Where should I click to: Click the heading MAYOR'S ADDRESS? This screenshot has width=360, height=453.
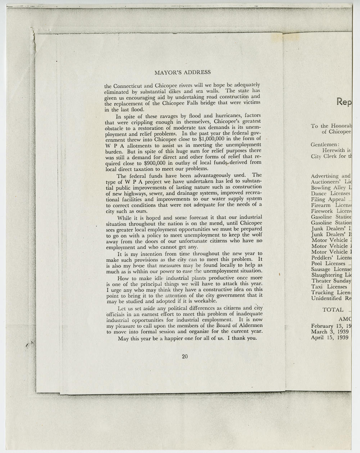click(183, 72)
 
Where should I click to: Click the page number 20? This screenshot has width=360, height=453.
click(185, 356)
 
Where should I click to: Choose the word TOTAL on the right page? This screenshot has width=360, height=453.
click(333, 310)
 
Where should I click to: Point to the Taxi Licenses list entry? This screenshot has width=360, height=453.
click(329, 287)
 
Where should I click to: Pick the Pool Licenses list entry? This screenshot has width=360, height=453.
click(328, 264)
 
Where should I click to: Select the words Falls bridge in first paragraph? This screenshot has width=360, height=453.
click(194, 104)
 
